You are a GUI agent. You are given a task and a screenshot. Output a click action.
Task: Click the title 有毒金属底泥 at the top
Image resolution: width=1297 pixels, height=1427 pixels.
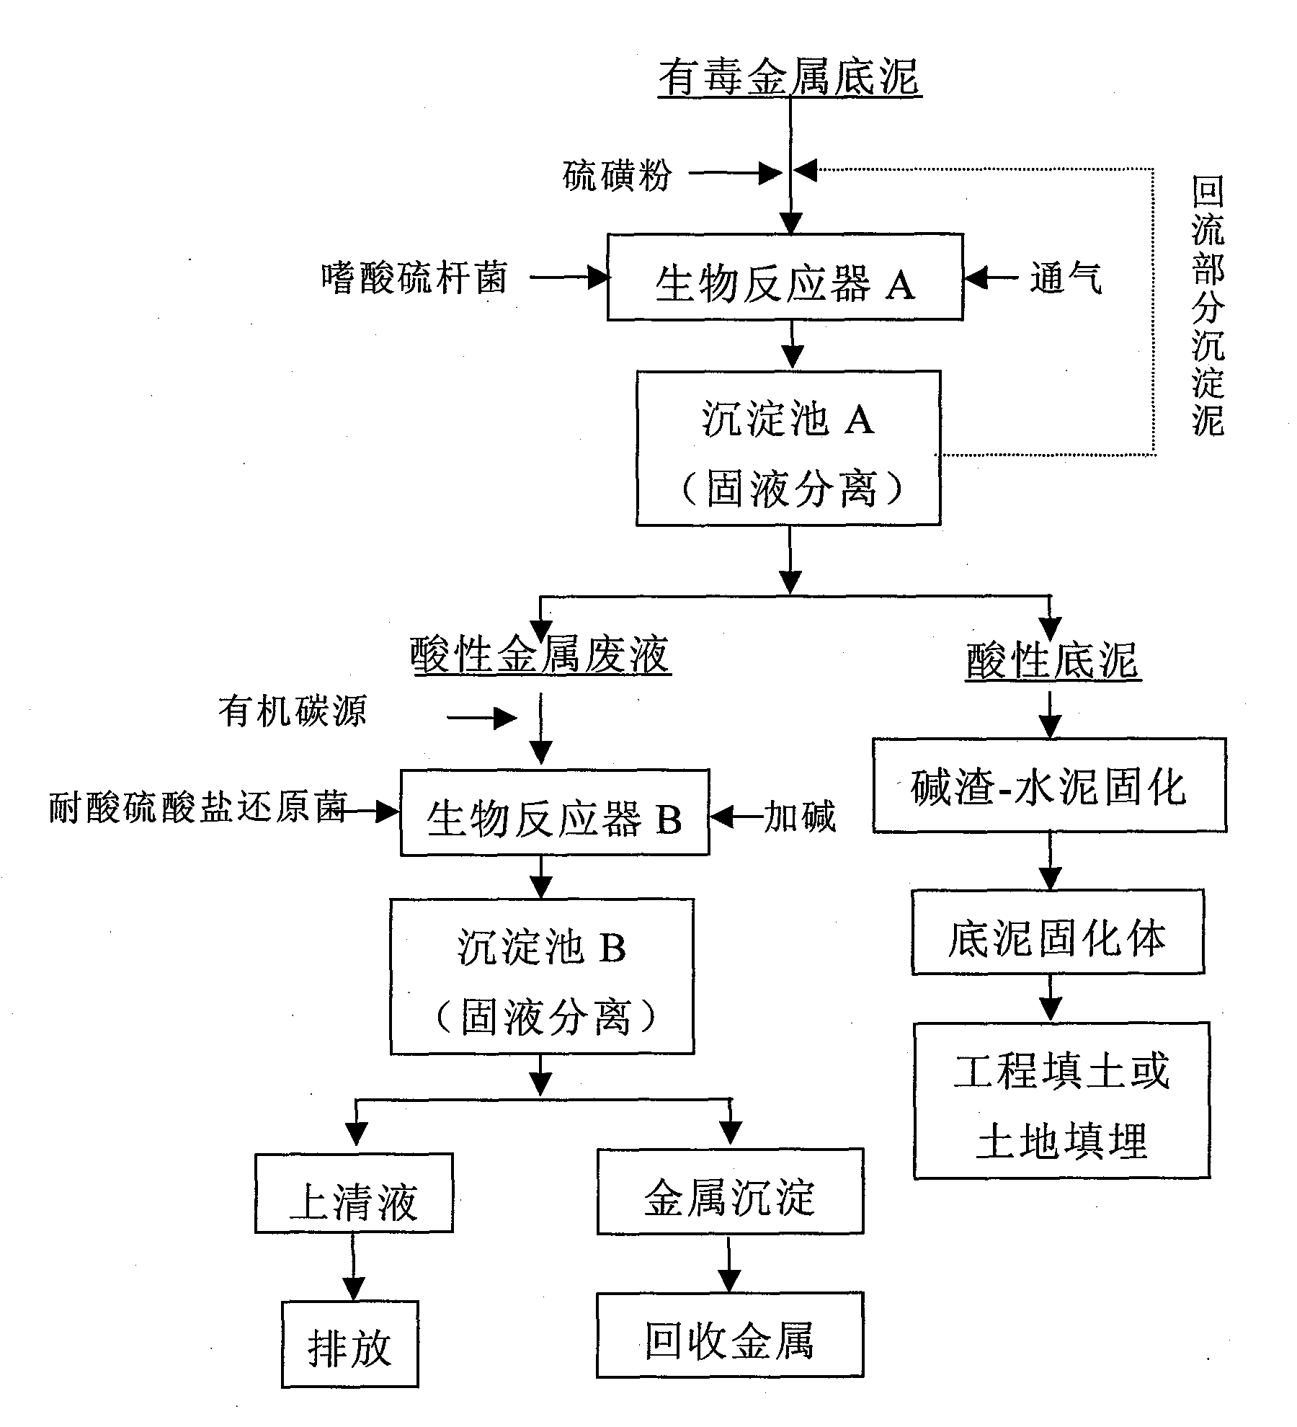click(790, 78)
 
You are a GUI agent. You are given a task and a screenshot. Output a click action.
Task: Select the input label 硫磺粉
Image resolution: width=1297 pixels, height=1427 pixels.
click(616, 175)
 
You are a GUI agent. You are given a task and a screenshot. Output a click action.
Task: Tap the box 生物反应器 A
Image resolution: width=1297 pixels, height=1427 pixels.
click(785, 277)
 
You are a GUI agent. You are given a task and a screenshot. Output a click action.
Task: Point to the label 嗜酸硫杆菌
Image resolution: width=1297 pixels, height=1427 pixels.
click(414, 277)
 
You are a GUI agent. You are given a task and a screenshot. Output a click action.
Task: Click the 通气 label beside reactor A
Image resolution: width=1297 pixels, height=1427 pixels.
click(1065, 278)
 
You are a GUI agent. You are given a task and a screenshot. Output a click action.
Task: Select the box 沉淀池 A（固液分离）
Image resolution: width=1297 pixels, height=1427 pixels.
click(788, 448)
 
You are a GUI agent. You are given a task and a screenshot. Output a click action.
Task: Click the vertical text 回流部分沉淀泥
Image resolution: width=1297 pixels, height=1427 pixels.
click(1207, 306)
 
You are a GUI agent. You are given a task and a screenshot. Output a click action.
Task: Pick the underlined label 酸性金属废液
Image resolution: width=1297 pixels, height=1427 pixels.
click(540, 656)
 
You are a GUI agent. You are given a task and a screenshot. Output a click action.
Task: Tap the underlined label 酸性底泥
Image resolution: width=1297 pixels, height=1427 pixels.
click(1053, 660)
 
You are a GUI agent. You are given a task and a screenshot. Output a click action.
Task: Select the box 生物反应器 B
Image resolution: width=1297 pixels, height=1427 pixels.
click(554, 813)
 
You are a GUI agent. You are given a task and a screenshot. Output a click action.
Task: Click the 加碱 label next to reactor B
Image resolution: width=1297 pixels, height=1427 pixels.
click(800, 817)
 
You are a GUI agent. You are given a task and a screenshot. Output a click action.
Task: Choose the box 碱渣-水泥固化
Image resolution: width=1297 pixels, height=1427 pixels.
click(1048, 786)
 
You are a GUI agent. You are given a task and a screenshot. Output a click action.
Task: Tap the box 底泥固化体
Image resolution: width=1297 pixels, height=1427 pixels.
click(1057, 933)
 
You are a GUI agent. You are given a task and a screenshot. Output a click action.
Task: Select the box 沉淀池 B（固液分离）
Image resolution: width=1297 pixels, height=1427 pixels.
click(542, 977)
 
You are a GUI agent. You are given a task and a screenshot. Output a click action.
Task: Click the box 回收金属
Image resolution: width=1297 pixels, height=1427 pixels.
click(729, 1335)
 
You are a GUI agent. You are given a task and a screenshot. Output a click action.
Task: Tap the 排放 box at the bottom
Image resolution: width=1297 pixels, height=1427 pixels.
click(349, 1345)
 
